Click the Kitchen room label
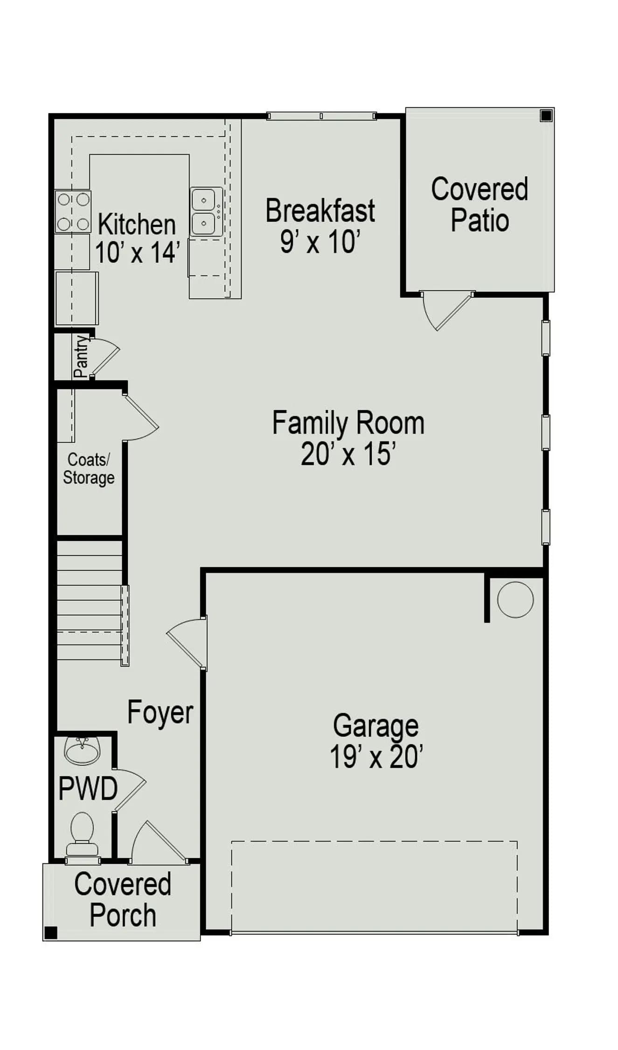pyautogui.click(x=137, y=224)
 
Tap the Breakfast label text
pyautogui.click(x=320, y=210)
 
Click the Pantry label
pyautogui.click(x=81, y=356)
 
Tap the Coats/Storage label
pyautogui.click(x=89, y=469)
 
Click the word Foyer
pyautogui.click(x=160, y=713)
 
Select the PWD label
pyautogui.click(x=88, y=788)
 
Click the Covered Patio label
pyautogui.click(x=479, y=204)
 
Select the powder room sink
pyautogui.click(x=82, y=751)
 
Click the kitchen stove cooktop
pyautogui.click(x=73, y=212)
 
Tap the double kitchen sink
pyautogui.click(x=206, y=211)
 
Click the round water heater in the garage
pyautogui.click(x=515, y=600)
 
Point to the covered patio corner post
pyautogui.click(x=546, y=115)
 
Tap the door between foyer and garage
pyautogui.click(x=187, y=644)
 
